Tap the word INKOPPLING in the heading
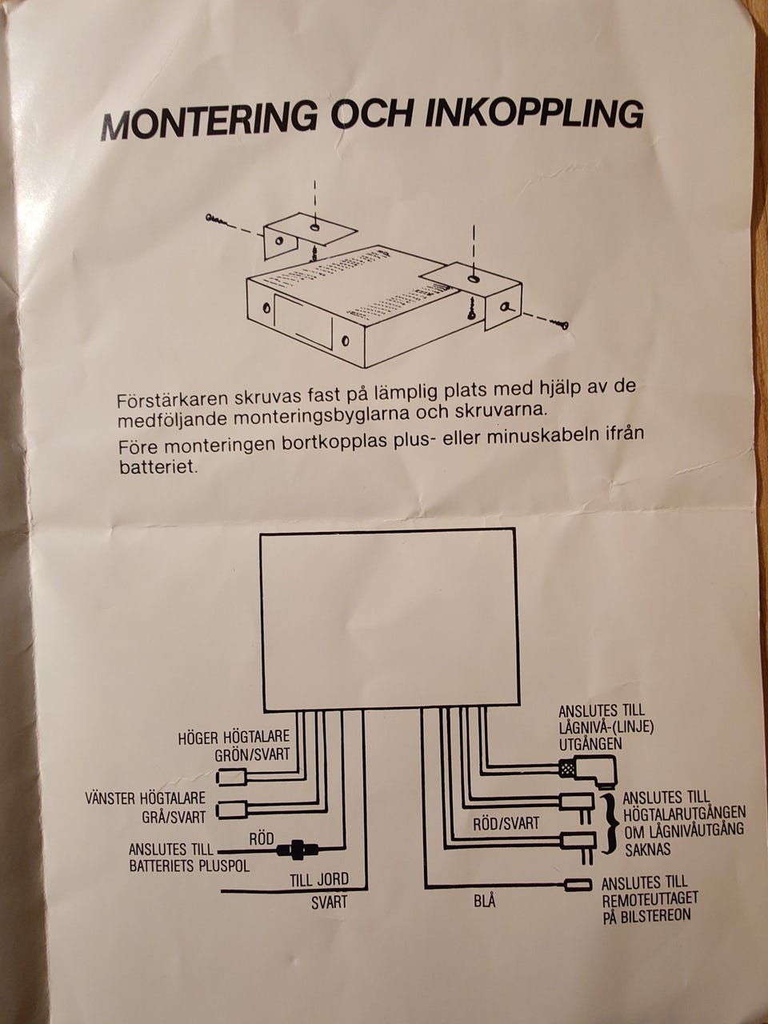533,114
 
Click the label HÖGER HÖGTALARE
233,737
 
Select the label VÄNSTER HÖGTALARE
146,798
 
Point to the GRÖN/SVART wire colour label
252,754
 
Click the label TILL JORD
318,880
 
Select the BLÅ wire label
484,902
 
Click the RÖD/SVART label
506,823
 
